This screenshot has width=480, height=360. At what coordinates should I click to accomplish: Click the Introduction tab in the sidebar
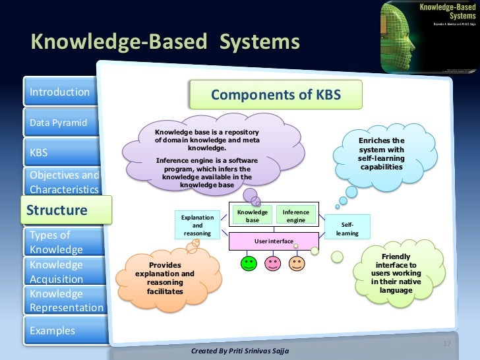59,92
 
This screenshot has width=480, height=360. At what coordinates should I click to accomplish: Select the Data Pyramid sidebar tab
59,123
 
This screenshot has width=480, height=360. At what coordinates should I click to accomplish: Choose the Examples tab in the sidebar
59,330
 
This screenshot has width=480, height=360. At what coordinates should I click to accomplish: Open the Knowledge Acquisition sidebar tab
59,272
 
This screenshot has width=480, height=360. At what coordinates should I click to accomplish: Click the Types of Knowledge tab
59,242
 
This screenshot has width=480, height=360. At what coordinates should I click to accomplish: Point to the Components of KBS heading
276,96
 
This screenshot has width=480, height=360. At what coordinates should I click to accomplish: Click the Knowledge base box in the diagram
253,216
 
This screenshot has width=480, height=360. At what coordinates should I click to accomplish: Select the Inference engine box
296,216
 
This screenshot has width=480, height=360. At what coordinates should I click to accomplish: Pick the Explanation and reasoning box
197,225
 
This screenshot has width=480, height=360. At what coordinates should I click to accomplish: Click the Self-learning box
347,229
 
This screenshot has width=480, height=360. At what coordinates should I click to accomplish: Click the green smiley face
249,264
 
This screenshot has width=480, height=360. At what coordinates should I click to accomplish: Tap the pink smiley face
272,264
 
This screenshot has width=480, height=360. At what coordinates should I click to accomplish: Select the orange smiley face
297,264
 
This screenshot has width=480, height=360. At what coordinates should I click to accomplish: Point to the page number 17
446,344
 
